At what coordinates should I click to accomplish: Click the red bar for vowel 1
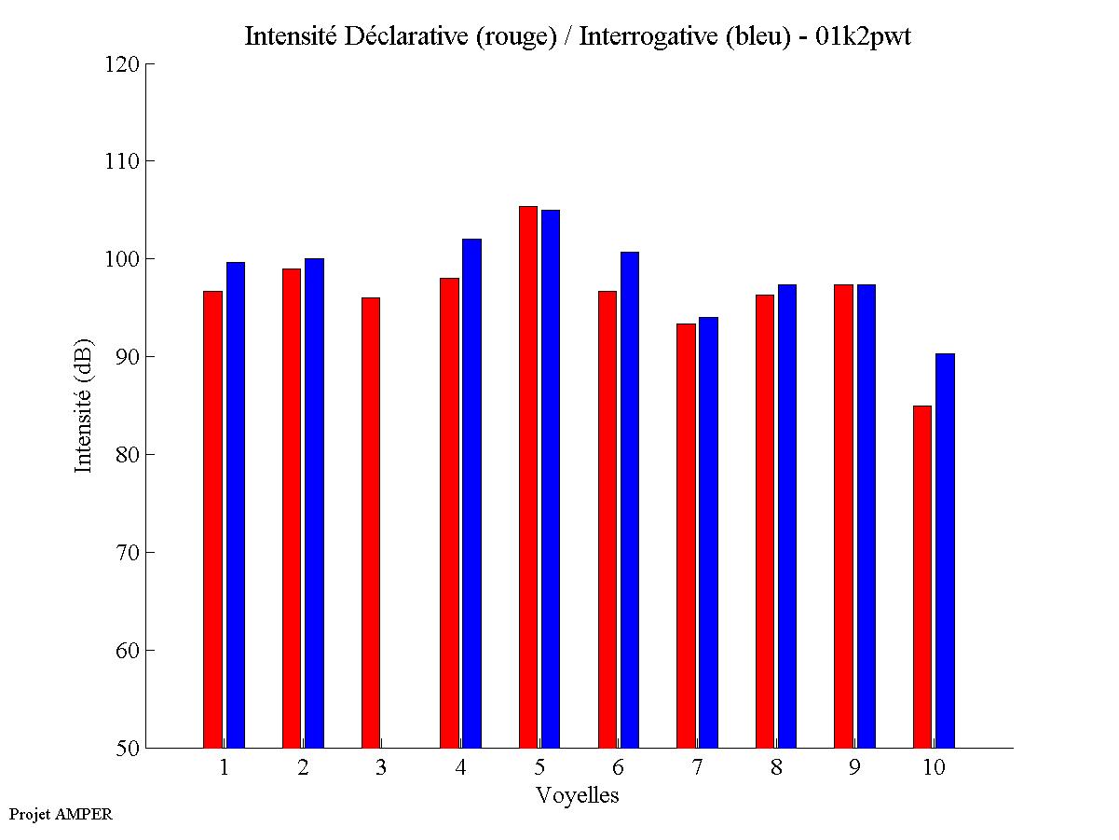pos(212,519)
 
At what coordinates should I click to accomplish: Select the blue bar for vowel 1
pos(236,505)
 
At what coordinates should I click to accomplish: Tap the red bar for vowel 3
pos(371,522)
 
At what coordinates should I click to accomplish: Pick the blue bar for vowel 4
pos(471,493)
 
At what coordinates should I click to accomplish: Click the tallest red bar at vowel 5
pos(528,477)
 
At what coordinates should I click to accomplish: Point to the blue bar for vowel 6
pos(630,500)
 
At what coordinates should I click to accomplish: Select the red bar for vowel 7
pos(686,535)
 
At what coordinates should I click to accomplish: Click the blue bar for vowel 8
pos(787,516)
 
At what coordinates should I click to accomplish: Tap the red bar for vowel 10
pos(922,576)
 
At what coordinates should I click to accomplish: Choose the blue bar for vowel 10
pos(945,550)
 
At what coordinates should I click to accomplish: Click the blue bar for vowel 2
pos(314,503)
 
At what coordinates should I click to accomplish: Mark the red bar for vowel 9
pos(843,516)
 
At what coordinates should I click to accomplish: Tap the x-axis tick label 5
pos(539,768)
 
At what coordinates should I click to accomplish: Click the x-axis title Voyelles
pos(578,795)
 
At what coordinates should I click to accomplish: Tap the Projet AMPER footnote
pos(61,814)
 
